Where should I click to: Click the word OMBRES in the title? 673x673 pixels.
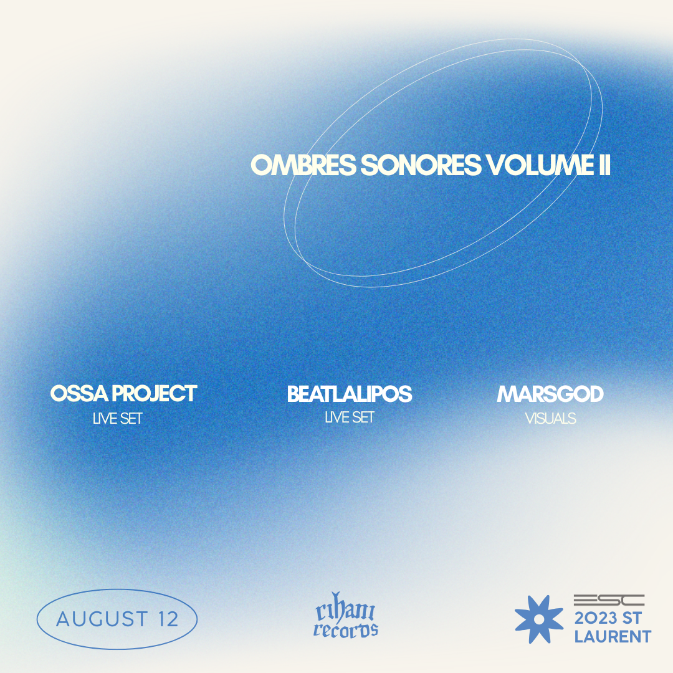[x=303, y=165]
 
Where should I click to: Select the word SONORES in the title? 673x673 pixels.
[x=421, y=165]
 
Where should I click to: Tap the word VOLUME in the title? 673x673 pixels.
[x=539, y=165]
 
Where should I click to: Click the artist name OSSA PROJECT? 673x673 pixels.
[x=123, y=394]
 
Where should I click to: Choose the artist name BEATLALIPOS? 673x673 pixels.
[x=350, y=394]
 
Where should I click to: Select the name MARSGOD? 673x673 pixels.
[x=550, y=394]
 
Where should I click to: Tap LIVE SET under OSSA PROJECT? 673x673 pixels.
[x=117, y=419]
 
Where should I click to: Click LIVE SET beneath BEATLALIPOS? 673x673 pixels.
[x=350, y=417]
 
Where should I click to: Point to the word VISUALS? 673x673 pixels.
[x=551, y=419]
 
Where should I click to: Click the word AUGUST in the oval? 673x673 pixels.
[x=103, y=619]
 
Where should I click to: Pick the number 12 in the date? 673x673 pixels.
[x=168, y=619]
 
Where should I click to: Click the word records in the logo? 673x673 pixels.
[x=345, y=630]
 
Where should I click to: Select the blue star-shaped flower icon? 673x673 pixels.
[x=539, y=619]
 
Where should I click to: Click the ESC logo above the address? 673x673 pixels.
[x=609, y=600]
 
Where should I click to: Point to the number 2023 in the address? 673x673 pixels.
[x=596, y=619]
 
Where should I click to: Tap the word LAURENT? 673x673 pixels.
[x=613, y=636]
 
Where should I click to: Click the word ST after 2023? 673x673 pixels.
[x=632, y=619]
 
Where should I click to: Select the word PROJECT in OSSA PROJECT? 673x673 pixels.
[x=155, y=394]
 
